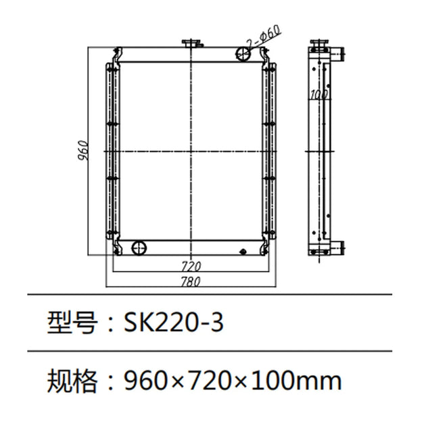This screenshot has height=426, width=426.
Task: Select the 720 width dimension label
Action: (x=192, y=266)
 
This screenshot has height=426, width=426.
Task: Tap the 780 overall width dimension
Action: (x=192, y=281)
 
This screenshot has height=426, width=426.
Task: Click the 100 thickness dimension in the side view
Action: (x=318, y=95)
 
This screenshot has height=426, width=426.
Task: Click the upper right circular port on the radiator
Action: (x=242, y=54)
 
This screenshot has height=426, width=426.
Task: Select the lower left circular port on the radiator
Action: (x=139, y=247)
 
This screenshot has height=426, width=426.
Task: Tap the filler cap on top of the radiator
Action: (x=192, y=45)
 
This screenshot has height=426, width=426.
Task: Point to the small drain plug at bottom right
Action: (x=241, y=253)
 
